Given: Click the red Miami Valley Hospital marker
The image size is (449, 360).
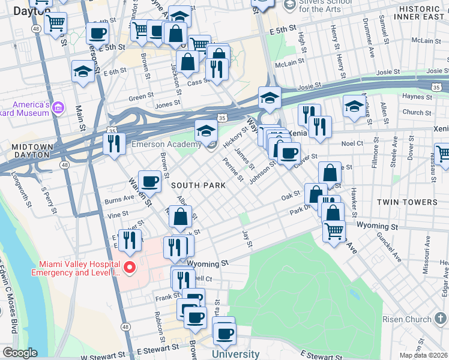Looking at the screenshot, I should point(129,267).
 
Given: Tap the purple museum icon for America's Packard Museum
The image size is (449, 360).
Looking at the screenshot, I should point(58,109).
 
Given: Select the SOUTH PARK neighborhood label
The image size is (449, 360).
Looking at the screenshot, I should point(199,185).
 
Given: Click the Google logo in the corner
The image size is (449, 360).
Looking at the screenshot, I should point(19,353).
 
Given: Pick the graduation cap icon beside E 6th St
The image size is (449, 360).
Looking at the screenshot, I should point(83,71).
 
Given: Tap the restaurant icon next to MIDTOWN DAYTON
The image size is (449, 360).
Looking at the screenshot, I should point(113,143).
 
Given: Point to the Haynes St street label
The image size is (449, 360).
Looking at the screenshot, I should point(414,96).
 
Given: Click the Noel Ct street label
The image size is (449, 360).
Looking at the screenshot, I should point(352,143).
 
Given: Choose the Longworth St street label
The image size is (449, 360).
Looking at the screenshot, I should point(20,191).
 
